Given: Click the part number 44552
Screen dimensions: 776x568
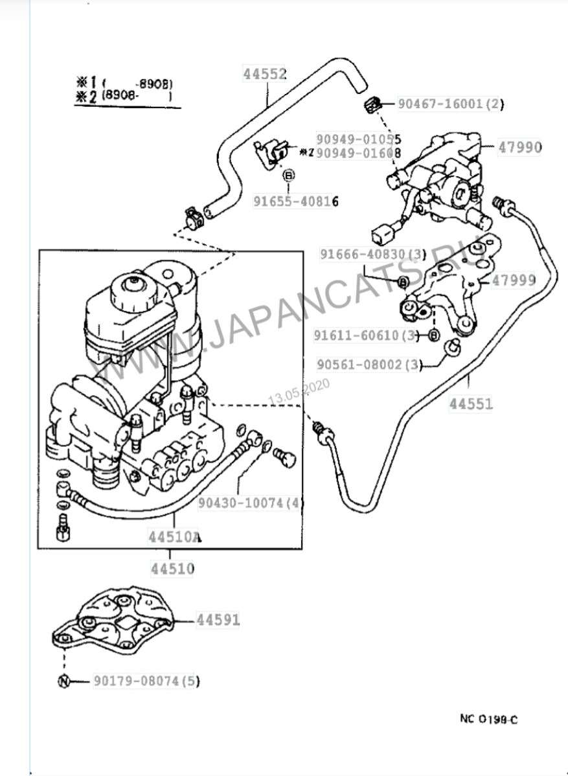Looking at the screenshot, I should pyautogui.click(x=265, y=74).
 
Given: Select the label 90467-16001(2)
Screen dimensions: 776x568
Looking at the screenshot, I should pyautogui.click(x=450, y=104).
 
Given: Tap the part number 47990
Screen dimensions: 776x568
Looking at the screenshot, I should pyautogui.click(x=519, y=147).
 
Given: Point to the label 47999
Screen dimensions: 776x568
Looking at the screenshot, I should pyautogui.click(x=514, y=280).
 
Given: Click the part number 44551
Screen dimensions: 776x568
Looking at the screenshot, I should pyautogui.click(x=471, y=404).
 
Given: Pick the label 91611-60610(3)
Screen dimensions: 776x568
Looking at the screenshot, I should pyautogui.click(x=367, y=336).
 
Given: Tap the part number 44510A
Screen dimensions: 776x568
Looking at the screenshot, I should pyautogui.click(x=174, y=537).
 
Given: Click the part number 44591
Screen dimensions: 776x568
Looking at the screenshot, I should pyautogui.click(x=218, y=620).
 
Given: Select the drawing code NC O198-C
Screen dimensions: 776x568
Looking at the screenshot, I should pyautogui.click(x=489, y=718).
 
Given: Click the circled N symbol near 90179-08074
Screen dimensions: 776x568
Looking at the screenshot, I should pyautogui.click(x=63, y=681).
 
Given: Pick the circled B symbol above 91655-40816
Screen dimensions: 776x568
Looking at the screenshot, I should pyautogui.click(x=289, y=175).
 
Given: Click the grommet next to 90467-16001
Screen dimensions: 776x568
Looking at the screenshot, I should pyautogui.click(x=372, y=104).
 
